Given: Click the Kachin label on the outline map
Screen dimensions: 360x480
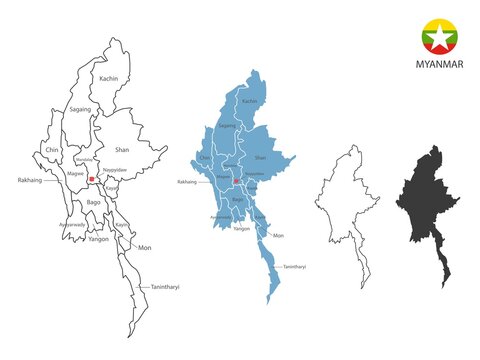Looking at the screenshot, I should [x=110, y=78].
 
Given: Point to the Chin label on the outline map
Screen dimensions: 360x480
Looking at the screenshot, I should [x=51, y=150].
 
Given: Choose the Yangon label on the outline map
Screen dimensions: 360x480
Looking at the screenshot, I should [x=97, y=240].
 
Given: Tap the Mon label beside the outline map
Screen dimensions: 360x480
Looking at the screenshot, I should [x=144, y=247].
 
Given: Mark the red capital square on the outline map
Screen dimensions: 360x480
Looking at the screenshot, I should [x=91, y=180].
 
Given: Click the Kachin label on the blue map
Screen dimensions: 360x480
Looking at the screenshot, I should [x=250, y=101].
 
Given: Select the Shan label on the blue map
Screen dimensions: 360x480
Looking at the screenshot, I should [x=261, y=157].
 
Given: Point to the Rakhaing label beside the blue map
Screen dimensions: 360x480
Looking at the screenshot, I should [x=187, y=183].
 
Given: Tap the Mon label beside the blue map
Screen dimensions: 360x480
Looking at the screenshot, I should [x=279, y=236].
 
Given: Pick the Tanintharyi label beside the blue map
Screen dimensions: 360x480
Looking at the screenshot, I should [x=294, y=268].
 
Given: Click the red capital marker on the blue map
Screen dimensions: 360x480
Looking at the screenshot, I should [x=236, y=182].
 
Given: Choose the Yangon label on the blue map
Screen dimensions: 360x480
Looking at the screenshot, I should [x=242, y=229].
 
